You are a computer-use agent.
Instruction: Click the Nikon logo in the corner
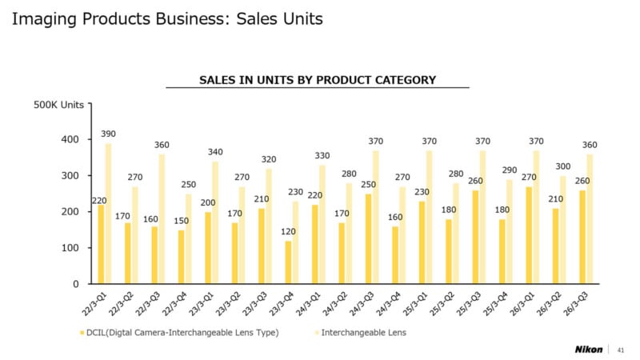590,349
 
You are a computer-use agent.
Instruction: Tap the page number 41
622,349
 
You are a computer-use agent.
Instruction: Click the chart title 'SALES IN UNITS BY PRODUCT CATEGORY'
317,79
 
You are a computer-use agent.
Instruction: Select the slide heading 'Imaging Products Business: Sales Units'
167,18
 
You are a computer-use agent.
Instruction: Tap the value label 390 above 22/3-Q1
109,133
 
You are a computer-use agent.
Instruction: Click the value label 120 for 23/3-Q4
287,230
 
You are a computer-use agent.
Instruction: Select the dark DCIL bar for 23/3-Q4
288,262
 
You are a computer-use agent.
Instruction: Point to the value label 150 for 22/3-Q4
181,220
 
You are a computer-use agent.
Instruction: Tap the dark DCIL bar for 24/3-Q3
368,238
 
